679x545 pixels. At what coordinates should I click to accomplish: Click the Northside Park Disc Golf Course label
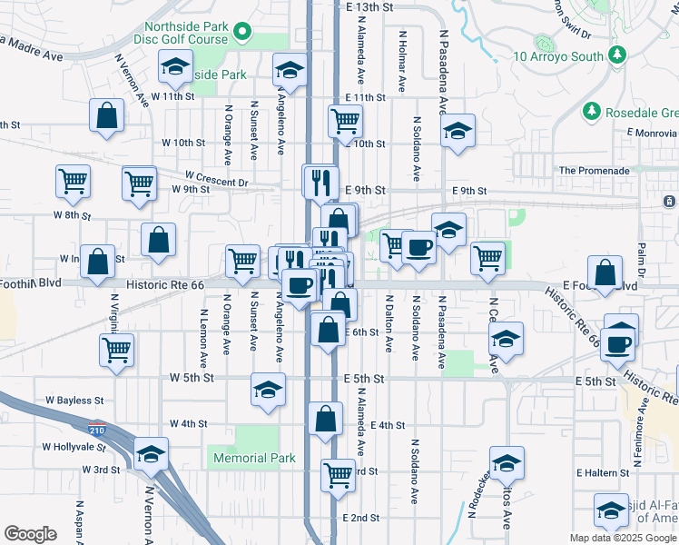pyautogui.click(x=180, y=33)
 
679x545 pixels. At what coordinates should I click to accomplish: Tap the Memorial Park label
pyautogui.click(x=255, y=458)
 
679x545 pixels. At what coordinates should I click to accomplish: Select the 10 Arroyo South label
pyautogui.click(x=558, y=56)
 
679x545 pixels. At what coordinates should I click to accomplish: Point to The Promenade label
pyautogui.click(x=594, y=170)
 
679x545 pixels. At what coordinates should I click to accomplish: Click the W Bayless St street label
pyautogui.click(x=74, y=400)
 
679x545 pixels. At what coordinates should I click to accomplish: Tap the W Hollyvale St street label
pyautogui.click(x=74, y=447)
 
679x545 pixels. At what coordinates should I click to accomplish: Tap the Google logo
pyautogui.click(x=31, y=534)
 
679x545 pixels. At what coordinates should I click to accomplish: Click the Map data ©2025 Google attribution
pyautogui.click(x=623, y=538)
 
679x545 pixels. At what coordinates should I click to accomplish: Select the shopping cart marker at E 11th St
pyautogui.click(x=345, y=121)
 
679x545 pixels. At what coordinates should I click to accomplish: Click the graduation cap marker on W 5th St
pyautogui.click(x=267, y=391)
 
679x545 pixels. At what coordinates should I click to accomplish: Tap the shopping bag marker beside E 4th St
pyautogui.click(x=325, y=420)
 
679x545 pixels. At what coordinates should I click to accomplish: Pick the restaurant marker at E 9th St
pyautogui.click(x=320, y=181)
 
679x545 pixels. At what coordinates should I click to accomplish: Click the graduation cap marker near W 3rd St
pyautogui.click(x=151, y=454)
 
